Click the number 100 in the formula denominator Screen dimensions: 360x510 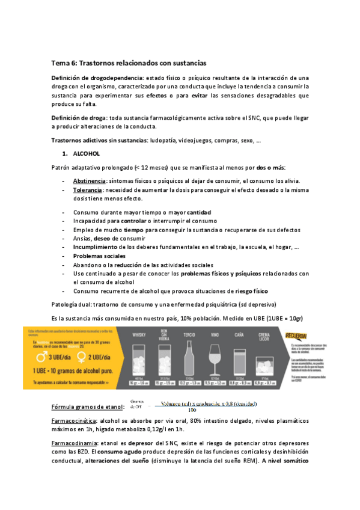pyautogui.click(x=192, y=411)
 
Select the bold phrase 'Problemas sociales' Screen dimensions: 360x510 pyautogui.click(x=96, y=256)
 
